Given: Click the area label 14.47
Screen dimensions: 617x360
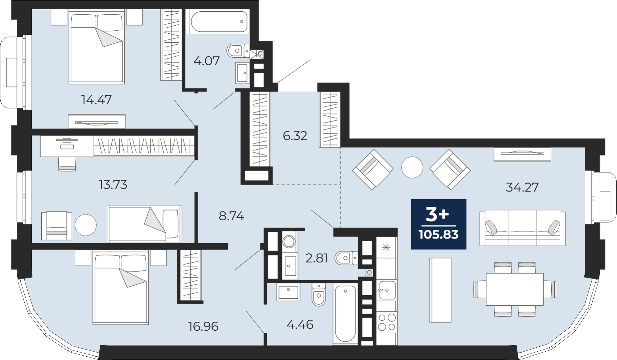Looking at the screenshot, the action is tap(96, 99).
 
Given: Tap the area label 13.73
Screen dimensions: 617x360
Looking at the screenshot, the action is tap(113, 184).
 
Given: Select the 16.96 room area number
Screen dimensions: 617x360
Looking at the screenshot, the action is tap(203, 326).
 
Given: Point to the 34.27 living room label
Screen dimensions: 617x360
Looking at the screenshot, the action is tap(522, 187).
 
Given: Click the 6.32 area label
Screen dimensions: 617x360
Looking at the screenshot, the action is tap(295, 136).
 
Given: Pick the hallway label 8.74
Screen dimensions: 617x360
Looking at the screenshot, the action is tap(231, 216).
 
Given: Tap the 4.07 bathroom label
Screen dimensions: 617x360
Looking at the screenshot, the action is tap(207, 61).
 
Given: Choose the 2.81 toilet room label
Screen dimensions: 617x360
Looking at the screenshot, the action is tap(317, 258).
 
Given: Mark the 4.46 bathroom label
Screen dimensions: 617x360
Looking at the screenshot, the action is tap(300, 324).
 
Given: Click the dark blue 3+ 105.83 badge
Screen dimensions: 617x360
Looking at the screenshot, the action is tap(439, 224).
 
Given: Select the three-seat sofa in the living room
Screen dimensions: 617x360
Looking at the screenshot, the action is tap(522, 228).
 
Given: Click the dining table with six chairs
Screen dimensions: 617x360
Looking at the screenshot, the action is tap(515, 289).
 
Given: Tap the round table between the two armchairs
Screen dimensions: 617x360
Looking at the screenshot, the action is tap(412, 167).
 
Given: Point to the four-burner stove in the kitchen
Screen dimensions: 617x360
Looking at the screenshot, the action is tap(387, 322).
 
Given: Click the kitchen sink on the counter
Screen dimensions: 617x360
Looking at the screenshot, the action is tap(387, 290).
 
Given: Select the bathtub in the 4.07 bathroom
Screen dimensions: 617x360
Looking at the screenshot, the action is tap(219, 22).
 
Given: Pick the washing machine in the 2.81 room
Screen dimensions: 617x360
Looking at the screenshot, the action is tap(289, 241).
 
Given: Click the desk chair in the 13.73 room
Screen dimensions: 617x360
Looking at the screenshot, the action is tap(67, 163).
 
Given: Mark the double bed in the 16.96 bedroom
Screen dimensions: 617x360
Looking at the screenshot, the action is tap(121, 287).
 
